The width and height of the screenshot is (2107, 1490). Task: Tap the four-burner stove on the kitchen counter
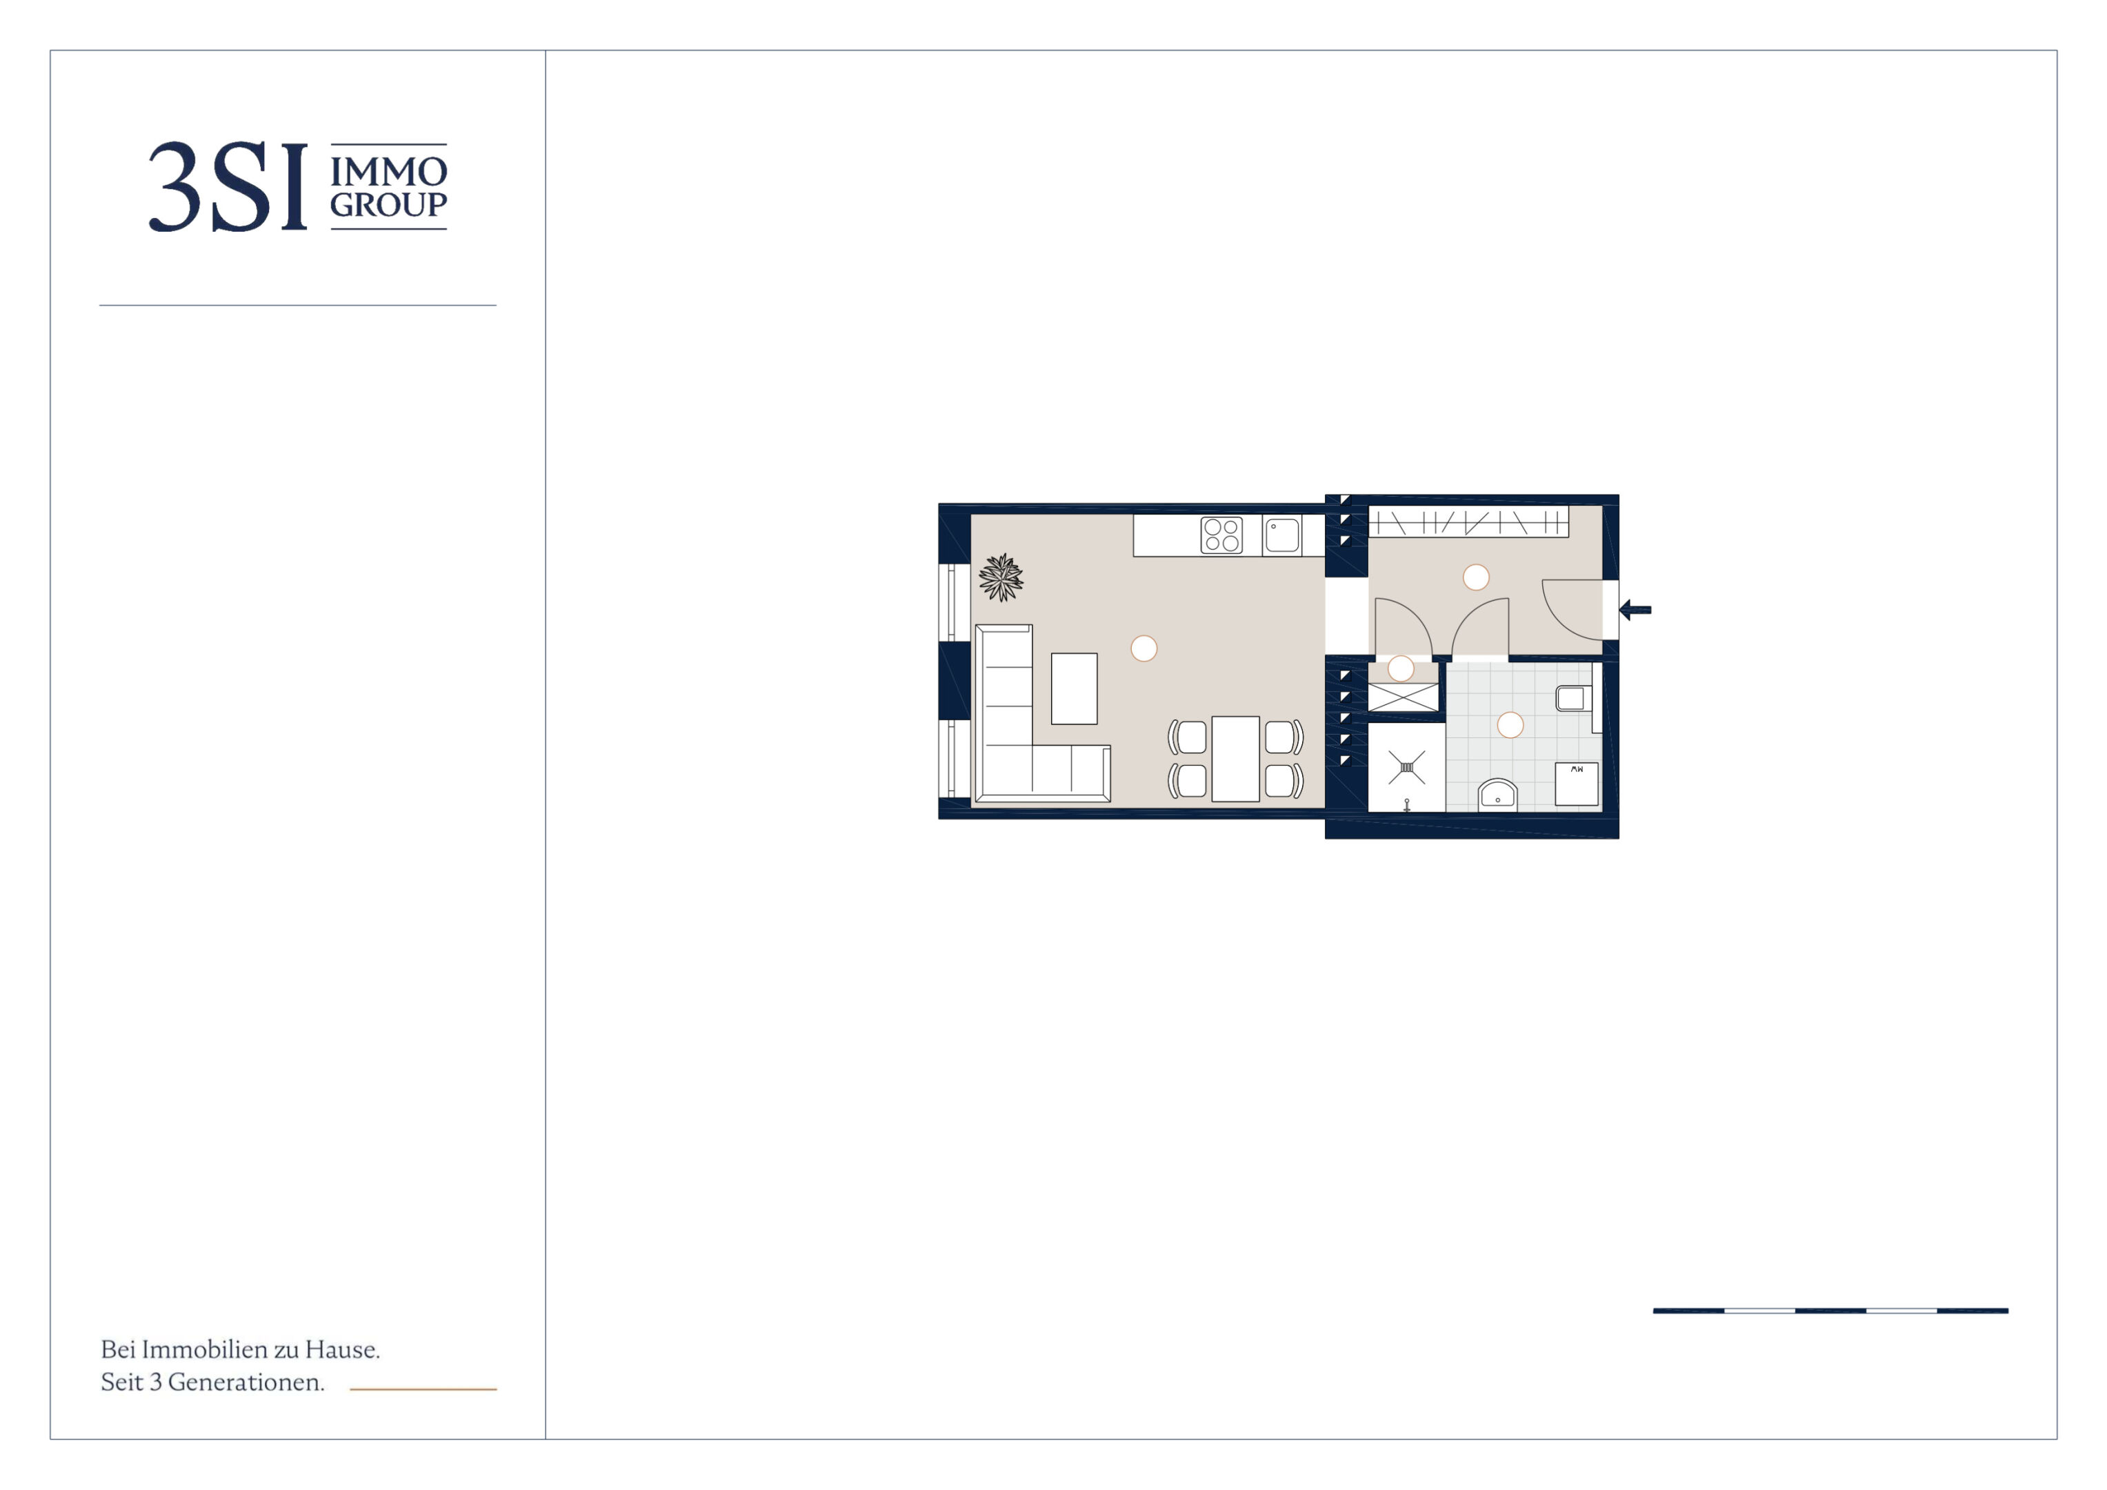[1221, 535]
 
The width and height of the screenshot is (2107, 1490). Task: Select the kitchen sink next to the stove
[1282, 535]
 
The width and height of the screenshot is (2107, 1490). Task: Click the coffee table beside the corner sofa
[1074, 688]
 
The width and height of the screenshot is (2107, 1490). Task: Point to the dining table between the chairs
[1235, 758]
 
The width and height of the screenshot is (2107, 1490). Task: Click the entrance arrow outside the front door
[1635, 610]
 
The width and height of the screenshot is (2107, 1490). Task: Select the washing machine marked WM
[1577, 784]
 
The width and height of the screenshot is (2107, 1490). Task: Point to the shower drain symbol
[1407, 766]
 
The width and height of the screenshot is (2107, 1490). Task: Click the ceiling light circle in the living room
[1144, 648]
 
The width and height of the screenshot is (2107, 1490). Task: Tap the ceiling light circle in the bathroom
[1510, 725]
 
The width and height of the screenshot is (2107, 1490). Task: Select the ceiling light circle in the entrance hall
[1476, 577]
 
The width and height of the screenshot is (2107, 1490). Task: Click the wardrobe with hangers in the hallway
[1468, 521]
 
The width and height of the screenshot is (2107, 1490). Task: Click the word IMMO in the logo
[388, 172]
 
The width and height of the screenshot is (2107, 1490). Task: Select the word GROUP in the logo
[388, 205]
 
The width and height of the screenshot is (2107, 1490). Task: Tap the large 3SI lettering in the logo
[228, 186]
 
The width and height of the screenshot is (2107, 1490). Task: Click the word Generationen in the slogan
[246, 1382]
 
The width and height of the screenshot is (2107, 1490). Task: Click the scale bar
[1830, 1311]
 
